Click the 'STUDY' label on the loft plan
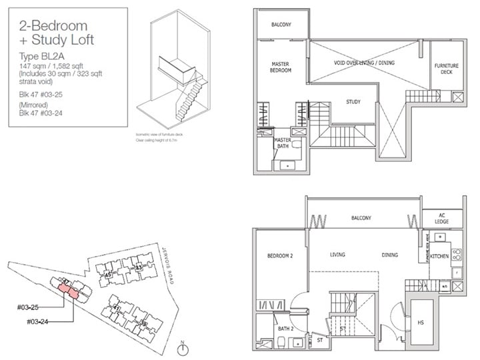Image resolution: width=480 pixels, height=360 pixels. [354, 102]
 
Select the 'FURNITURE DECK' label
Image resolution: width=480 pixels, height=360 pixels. [446, 69]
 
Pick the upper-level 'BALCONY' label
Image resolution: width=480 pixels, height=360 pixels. [280, 25]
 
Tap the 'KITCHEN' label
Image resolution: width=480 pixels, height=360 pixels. [439, 255]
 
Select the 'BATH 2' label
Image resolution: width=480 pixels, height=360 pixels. [286, 329]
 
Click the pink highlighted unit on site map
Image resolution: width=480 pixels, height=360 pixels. [69, 290]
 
